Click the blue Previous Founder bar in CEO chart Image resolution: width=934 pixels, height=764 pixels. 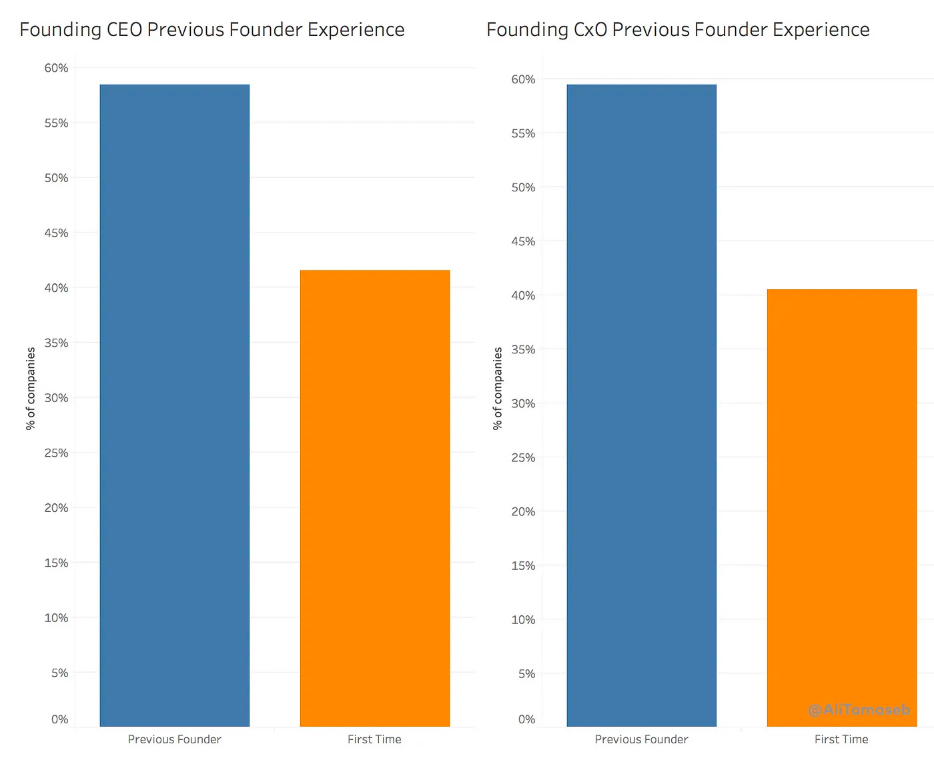click(x=175, y=405)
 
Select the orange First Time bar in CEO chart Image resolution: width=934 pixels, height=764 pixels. click(x=375, y=498)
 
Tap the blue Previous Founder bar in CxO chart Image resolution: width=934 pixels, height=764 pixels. click(x=642, y=405)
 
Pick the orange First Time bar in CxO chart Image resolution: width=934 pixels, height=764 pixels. click(x=842, y=507)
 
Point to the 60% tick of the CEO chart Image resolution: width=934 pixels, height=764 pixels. click(x=57, y=68)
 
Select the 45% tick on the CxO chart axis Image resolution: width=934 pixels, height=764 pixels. click(x=523, y=241)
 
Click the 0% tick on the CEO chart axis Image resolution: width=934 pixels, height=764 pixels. click(x=60, y=719)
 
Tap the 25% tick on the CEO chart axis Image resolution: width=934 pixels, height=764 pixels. click(x=57, y=453)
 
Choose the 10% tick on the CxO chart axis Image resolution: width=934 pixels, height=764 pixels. click(x=523, y=619)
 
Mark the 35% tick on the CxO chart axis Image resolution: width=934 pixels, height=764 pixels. click(x=523, y=349)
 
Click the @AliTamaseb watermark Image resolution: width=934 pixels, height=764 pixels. click(x=859, y=710)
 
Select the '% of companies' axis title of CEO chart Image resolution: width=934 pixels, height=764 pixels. click(x=31, y=388)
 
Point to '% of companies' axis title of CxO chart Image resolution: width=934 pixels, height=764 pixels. click(x=498, y=388)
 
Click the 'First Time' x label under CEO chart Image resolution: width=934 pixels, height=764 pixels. click(x=374, y=739)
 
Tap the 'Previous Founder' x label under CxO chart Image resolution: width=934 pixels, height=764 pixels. click(x=641, y=739)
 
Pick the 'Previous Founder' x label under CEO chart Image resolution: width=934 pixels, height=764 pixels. click(x=174, y=739)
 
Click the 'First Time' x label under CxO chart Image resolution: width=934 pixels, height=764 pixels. click(x=841, y=739)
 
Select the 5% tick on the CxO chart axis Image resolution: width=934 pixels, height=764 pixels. click(x=526, y=673)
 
